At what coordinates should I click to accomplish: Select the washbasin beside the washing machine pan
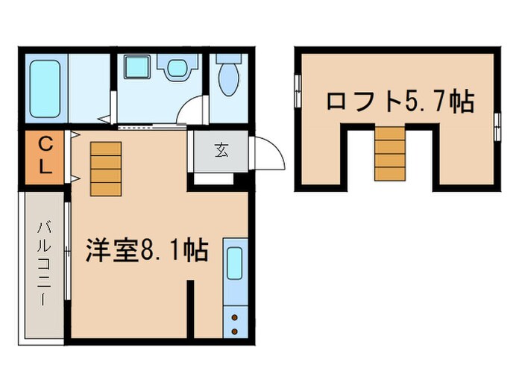point(177,69)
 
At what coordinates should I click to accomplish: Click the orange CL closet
point(45,156)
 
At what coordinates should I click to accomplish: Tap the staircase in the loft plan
point(389,153)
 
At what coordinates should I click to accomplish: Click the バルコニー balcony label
point(43,266)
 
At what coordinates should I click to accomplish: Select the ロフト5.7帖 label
point(399,101)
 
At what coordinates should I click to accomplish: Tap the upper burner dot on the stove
point(236,317)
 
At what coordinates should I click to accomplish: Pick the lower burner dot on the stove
point(236,330)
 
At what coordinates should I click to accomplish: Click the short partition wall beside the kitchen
point(190,308)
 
